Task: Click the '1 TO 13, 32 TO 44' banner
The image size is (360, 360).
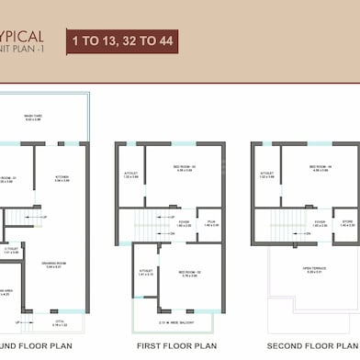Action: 121,40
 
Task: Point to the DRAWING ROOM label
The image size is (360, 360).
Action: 61,241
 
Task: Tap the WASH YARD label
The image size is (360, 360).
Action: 35,117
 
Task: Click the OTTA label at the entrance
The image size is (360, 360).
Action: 60,322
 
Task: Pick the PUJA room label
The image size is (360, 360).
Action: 210,222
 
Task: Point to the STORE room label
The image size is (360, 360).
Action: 347,222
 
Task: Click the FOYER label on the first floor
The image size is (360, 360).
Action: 184,222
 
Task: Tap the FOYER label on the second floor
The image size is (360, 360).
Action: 320,222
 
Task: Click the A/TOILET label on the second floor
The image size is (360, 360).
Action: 268,174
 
